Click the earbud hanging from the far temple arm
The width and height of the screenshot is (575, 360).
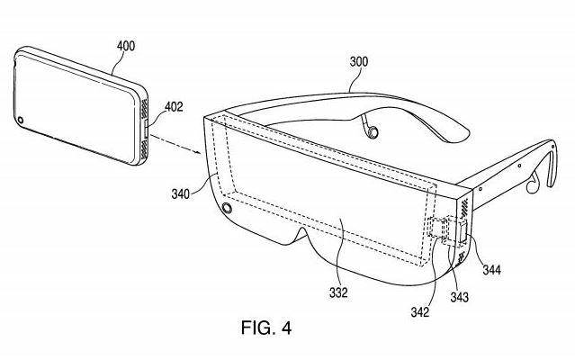click(x=371, y=132)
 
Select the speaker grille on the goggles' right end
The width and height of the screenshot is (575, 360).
click(x=463, y=208)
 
